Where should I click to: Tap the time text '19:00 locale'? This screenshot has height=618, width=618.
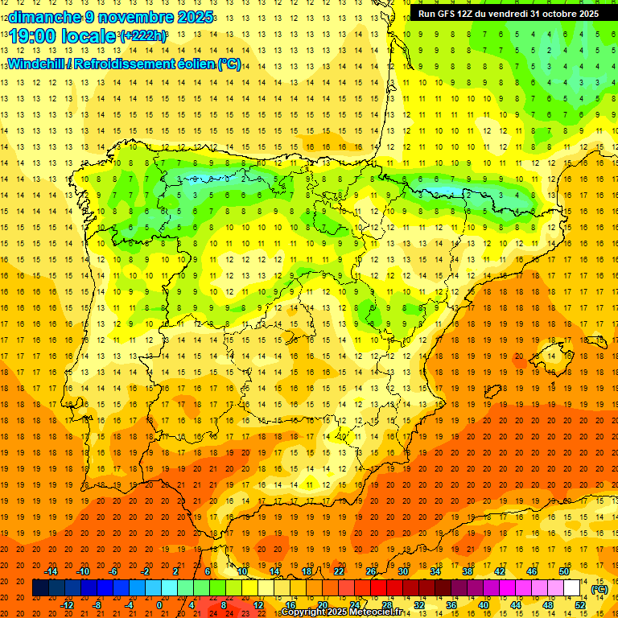pos(63,36)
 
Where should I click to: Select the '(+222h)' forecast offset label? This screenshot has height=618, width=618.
pos(142,36)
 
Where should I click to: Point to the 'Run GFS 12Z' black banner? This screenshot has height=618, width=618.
pos(508,14)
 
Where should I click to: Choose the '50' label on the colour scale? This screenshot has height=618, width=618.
pos(564,571)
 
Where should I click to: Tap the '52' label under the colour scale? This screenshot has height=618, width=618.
pos(580,605)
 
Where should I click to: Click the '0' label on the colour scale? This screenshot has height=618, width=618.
pos(159,605)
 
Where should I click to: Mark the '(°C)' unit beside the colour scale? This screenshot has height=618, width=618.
pos(599,589)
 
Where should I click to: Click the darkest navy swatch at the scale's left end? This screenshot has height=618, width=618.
pos(39,588)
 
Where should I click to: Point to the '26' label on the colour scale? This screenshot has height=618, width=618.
pos(371,571)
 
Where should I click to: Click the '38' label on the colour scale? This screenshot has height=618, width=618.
pos(468,571)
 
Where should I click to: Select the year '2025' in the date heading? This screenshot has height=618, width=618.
pos(195,17)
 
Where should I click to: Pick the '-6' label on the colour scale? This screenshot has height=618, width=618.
pos(113,571)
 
